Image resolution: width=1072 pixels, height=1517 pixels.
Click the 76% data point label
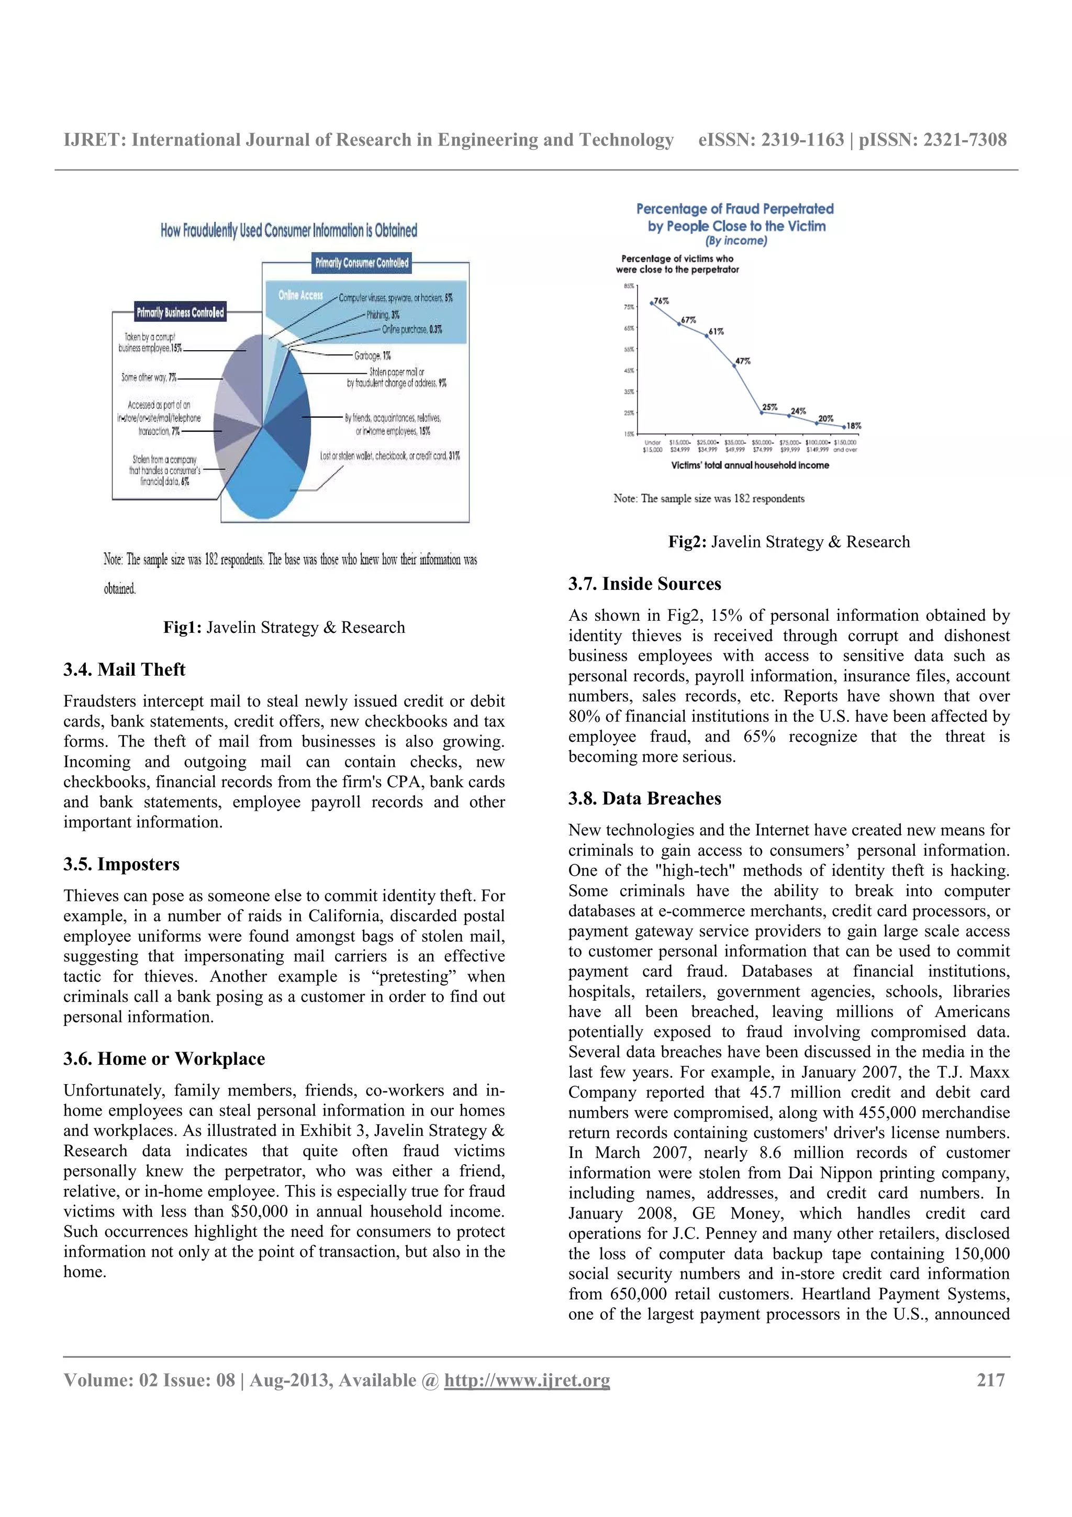[661, 300]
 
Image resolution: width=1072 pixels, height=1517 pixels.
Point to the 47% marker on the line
[734, 365]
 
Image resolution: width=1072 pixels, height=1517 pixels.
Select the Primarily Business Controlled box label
[180, 313]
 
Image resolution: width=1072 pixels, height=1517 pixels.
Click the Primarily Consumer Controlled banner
[361, 263]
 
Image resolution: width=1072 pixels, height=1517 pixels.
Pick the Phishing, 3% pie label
[383, 315]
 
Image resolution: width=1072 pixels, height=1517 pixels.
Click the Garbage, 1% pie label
[373, 355]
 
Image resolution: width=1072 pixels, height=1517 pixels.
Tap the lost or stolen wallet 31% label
[389, 456]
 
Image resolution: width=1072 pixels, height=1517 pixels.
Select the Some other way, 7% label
[149, 377]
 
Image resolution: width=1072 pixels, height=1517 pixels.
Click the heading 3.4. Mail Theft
[124, 670]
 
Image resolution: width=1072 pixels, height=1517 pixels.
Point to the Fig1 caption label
[183, 627]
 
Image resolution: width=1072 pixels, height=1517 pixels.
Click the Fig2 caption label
[687, 542]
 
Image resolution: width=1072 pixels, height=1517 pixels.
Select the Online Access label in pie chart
[300, 295]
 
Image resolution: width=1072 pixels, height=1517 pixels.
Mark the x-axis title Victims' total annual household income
[750, 465]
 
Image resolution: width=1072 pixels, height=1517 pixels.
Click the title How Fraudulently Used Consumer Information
[288, 231]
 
